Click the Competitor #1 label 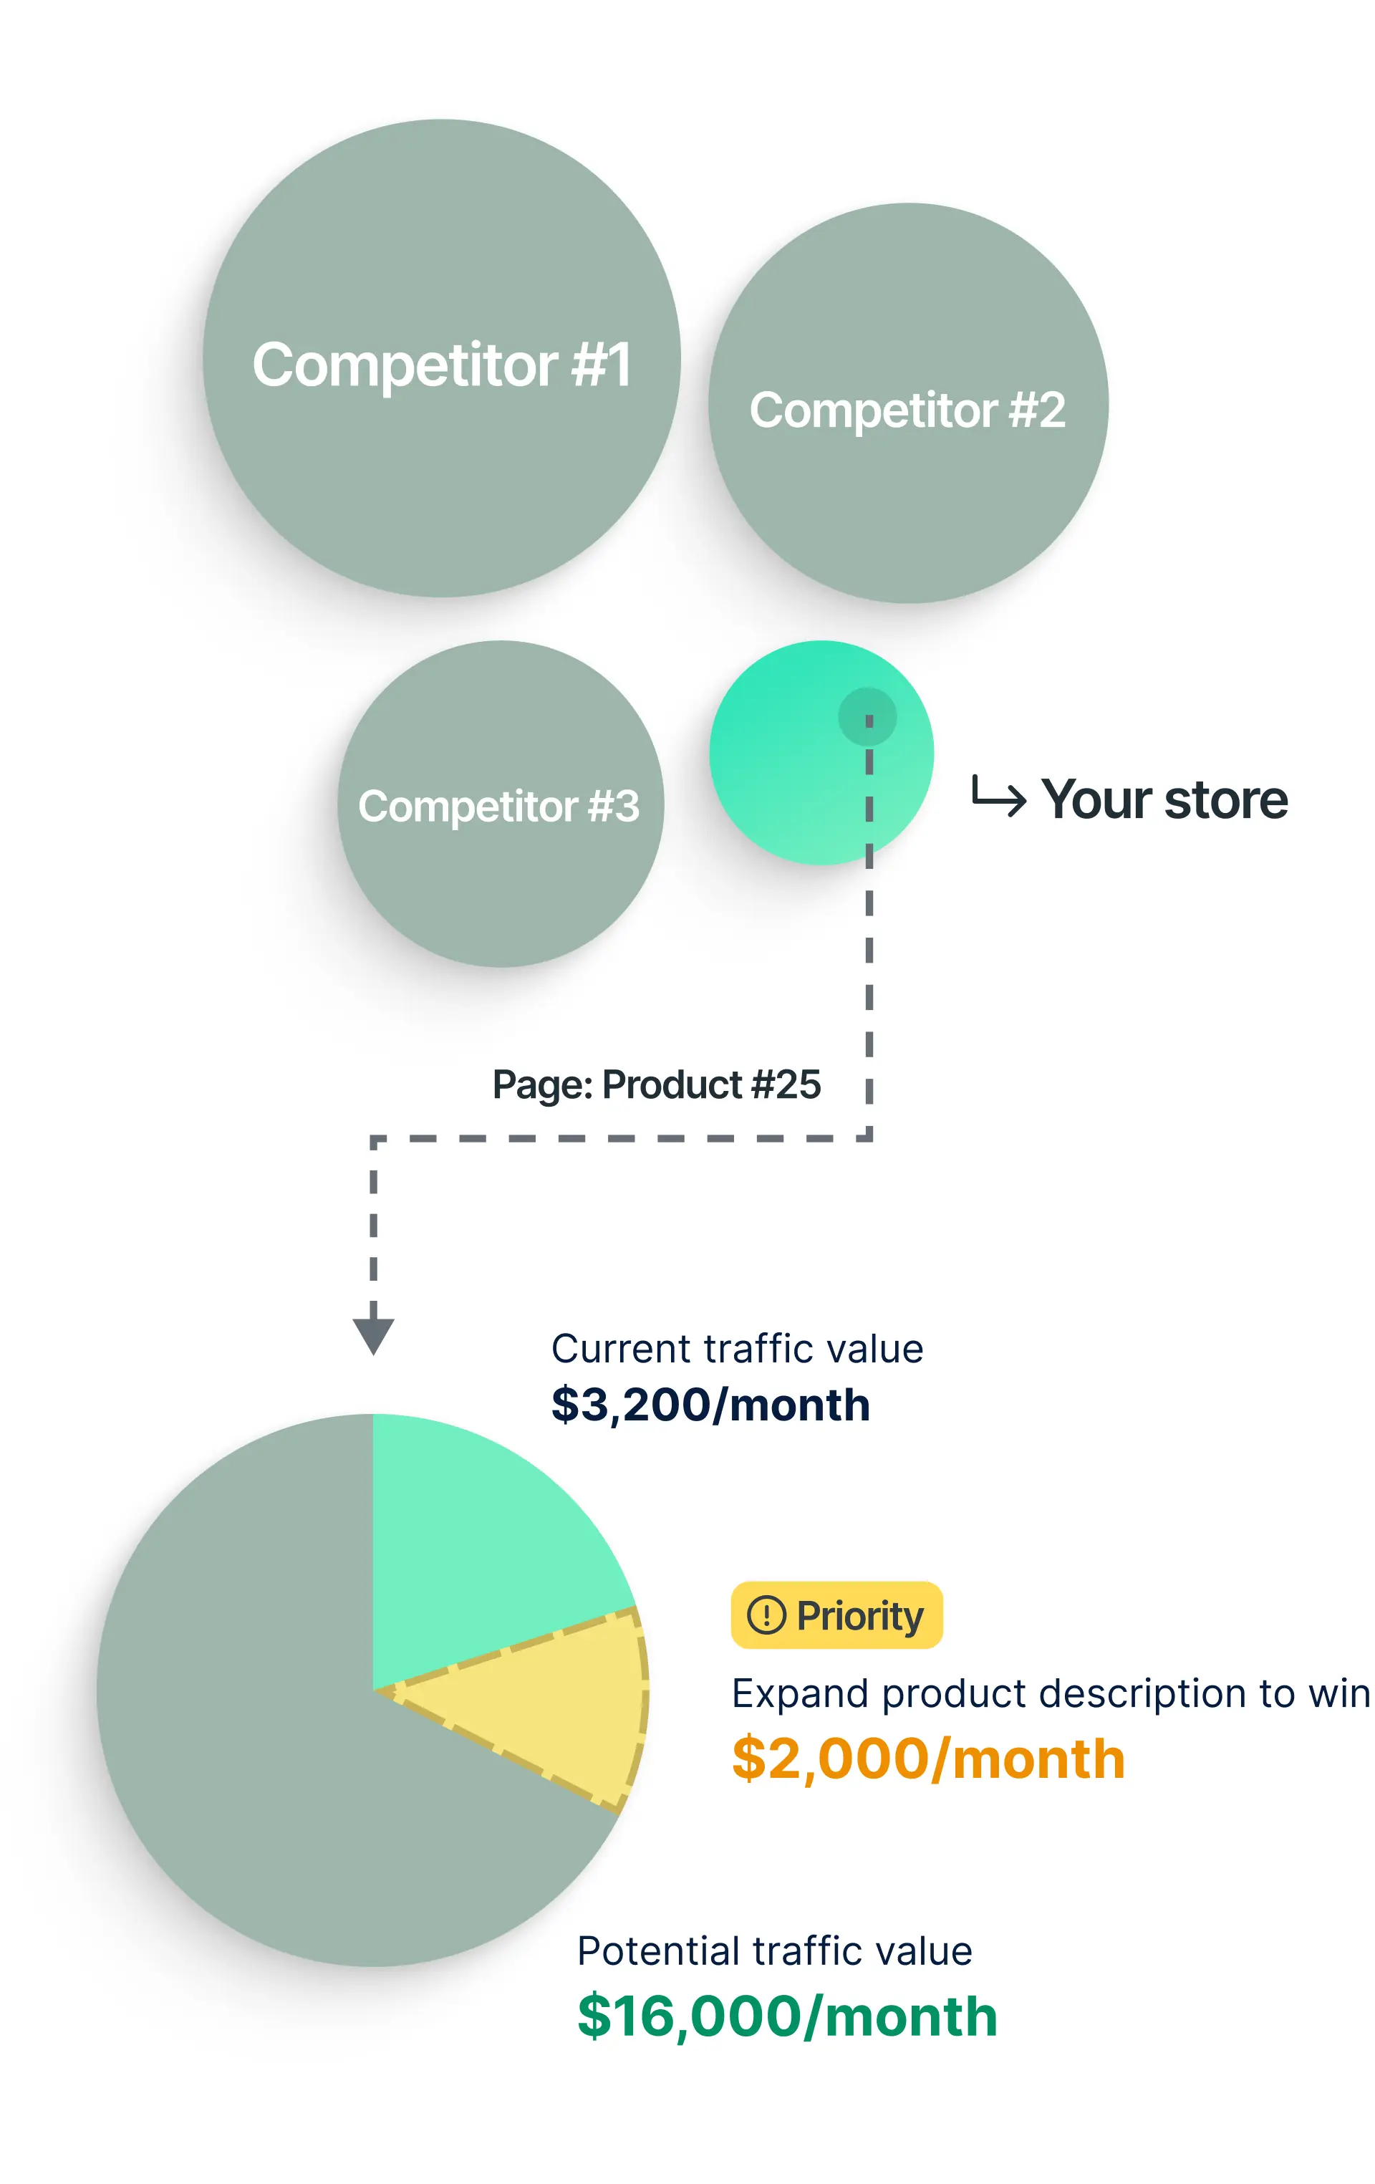(442, 365)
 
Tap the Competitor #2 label (907, 410)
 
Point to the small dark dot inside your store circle (868, 716)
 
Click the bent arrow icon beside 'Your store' (998, 795)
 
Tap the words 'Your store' (1164, 799)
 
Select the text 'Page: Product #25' (657, 1084)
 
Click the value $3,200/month (711, 1405)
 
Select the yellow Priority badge (837, 1615)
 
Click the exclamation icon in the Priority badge (766, 1615)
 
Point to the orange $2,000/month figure (929, 1759)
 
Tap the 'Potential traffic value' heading (775, 1951)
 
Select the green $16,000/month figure (787, 2017)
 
